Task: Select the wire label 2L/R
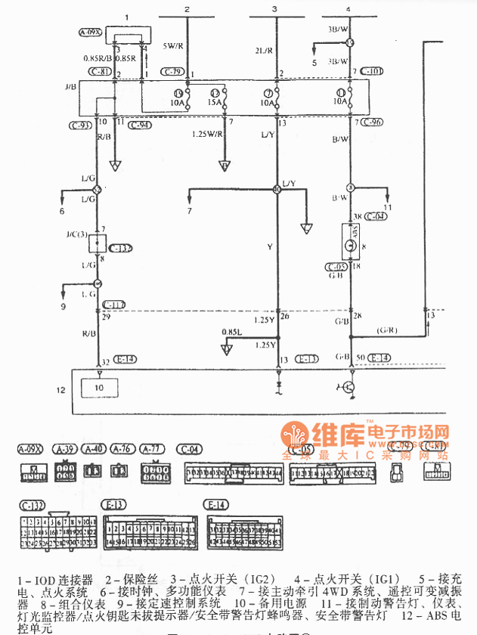(x=265, y=51)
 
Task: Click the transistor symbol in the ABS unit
(x=348, y=387)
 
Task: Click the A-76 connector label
(x=122, y=448)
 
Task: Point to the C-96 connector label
(x=372, y=122)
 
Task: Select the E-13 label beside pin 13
(x=306, y=359)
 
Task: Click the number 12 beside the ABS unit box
(x=61, y=389)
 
